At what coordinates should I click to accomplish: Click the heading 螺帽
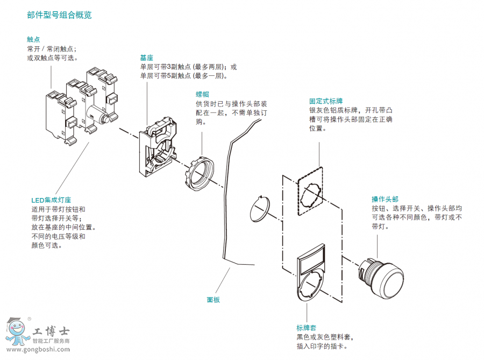202,94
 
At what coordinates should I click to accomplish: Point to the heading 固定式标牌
326,101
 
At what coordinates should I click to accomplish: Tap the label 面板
213,300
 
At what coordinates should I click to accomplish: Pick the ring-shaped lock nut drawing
198,173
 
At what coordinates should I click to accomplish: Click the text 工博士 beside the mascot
51,332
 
